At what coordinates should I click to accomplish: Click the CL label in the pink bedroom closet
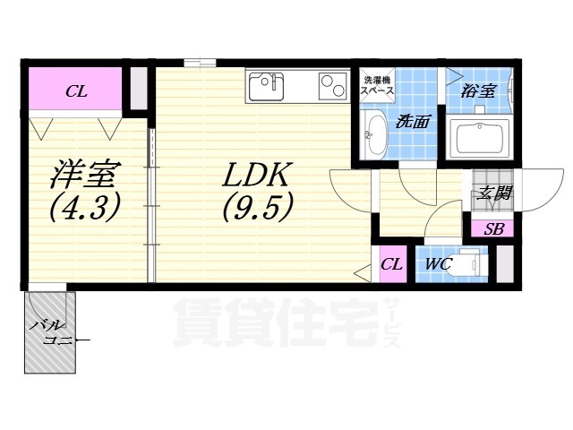75,90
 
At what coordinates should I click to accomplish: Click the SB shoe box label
493,229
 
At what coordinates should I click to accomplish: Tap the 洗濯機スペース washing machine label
377,86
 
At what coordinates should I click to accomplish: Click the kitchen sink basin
265,86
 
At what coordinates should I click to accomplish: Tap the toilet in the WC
469,264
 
